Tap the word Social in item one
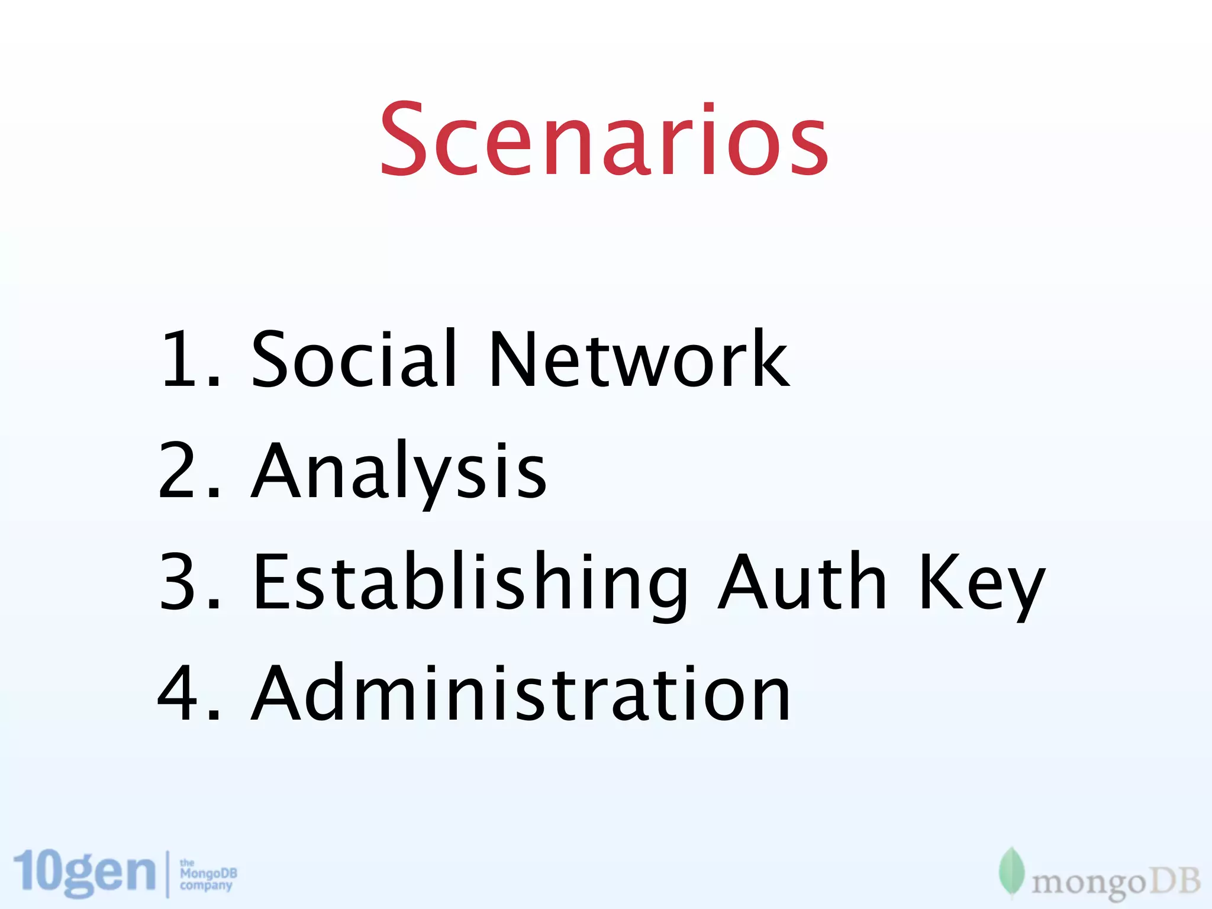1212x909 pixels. coord(354,359)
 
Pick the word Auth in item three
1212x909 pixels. coord(802,581)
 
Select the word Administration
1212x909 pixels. coord(521,692)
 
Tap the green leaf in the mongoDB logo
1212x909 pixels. coord(1011,872)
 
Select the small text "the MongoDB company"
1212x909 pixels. coord(208,874)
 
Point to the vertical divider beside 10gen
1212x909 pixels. coord(167,874)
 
